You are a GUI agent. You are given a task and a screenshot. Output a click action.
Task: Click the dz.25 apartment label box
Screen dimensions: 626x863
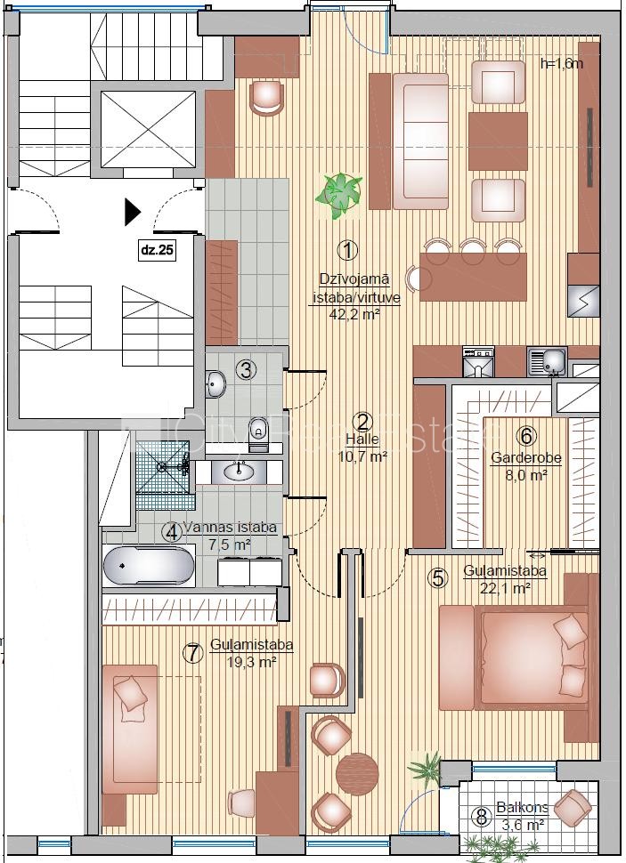(158, 250)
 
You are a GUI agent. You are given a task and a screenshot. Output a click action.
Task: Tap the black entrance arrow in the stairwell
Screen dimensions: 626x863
(133, 212)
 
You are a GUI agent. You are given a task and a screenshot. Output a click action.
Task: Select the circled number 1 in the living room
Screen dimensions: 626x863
(347, 251)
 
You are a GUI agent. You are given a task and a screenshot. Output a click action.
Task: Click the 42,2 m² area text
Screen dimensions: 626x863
(354, 315)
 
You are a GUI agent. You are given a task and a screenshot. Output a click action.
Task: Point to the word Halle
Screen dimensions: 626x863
(362, 440)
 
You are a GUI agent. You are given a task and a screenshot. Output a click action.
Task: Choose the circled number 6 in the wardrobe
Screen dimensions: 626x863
(525, 437)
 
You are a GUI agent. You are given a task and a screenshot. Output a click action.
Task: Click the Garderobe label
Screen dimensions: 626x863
(525, 457)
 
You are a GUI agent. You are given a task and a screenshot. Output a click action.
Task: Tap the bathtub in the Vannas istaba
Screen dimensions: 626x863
(148, 565)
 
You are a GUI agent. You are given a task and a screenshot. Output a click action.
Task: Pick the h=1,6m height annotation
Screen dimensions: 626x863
(562, 63)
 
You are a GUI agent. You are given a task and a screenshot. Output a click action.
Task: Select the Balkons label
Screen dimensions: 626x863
(522, 808)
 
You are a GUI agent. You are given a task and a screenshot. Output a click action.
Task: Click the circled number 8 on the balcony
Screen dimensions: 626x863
(482, 818)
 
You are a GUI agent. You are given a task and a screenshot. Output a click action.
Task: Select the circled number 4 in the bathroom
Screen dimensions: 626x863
(172, 532)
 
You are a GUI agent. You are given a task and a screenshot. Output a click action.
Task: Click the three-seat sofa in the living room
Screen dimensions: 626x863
(421, 141)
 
